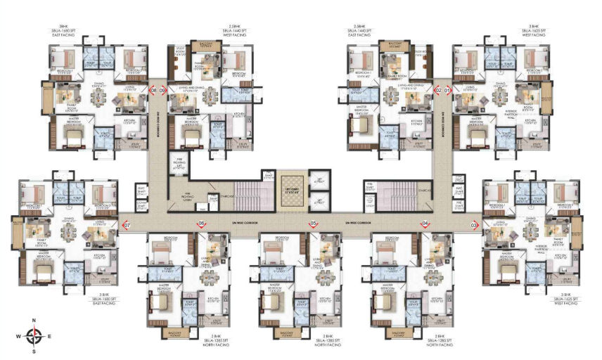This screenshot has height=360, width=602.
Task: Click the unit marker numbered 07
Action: click(127, 225)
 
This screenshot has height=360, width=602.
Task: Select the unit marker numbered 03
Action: click(474, 225)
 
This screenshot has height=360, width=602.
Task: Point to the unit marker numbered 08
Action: click(153, 90)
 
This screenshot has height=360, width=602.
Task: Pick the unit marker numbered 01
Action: click(447, 90)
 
